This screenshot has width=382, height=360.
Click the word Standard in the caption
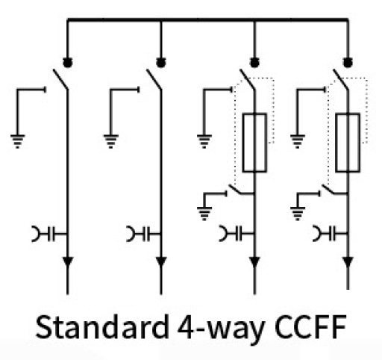(x=102, y=326)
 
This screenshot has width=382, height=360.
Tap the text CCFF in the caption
(x=311, y=326)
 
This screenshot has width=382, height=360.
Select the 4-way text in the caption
(x=221, y=329)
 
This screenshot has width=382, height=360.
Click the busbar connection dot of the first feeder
(x=67, y=63)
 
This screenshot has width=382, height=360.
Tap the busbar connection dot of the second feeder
(x=161, y=63)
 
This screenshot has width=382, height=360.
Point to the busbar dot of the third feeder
(x=254, y=63)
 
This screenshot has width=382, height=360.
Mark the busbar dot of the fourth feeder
(x=348, y=63)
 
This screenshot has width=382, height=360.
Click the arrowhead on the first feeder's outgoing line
(x=68, y=262)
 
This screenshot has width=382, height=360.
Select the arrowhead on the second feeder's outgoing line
(x=161, y=262)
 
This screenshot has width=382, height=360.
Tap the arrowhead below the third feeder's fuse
(x=254, y=262)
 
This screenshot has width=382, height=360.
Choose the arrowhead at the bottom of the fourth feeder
(x=348, y=262)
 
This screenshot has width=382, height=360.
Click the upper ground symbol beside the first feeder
(x=17, y=141)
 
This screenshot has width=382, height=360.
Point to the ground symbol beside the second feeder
(x=111, y=141)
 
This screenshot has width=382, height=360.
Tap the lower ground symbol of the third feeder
(x=204, y=214)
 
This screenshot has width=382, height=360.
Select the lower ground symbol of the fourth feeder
(x=298, y=214)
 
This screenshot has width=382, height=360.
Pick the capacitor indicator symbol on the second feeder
(x=144, y=234)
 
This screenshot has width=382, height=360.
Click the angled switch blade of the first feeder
(x=60, y=79)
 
